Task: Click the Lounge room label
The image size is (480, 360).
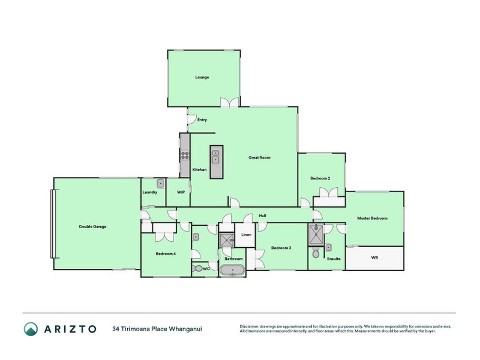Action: click(x=202, y=77)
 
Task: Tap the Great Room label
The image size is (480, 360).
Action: click(x=259, y=158)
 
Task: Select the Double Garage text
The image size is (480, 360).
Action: click(x=92, y=227)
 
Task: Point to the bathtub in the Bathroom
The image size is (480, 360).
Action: click(x=233, y=270)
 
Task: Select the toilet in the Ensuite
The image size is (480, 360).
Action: click(x=316, y=254)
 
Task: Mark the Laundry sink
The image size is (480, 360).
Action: click(x=161, y=184)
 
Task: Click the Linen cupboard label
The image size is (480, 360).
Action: click(x=246, y=235)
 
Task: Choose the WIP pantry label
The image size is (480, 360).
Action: click(x=180, y=192)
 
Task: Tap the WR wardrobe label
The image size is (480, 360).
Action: click(x=374, y=258)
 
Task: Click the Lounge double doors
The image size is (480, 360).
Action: click(x=229, y=103)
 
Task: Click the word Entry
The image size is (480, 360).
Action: click(x=202, y=120)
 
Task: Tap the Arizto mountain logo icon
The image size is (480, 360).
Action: click(x=31, y=328)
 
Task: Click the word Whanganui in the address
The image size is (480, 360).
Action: click(x=187, y=329)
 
